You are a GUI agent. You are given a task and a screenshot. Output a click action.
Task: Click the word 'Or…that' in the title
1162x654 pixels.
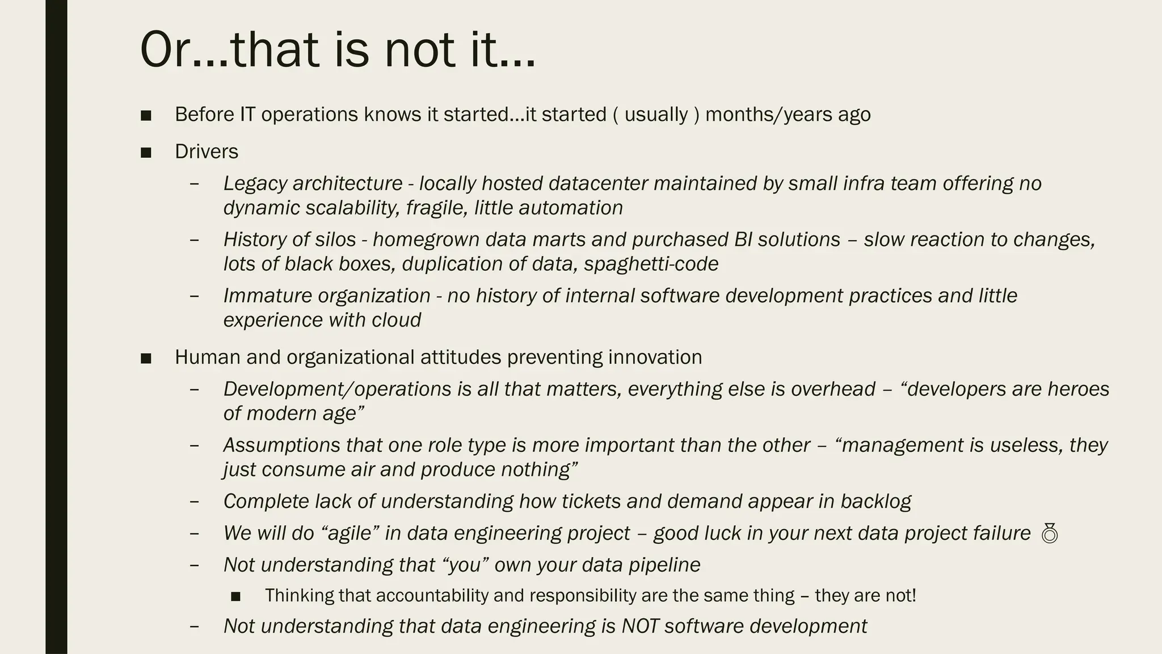coord(227,50)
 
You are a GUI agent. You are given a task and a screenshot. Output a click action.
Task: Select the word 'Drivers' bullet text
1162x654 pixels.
coord(207,152)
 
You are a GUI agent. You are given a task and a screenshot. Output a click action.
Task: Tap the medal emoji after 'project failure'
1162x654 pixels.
coord(1050,534)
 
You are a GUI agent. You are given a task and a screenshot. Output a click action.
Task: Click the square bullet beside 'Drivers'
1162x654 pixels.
coord(146,152)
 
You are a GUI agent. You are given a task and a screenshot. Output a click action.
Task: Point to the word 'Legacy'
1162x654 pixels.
coord(255,183)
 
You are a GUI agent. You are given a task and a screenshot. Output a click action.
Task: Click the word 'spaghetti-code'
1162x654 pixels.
coord(651,264)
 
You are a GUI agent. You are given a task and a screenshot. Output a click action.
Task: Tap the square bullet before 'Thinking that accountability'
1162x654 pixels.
coord(236,596)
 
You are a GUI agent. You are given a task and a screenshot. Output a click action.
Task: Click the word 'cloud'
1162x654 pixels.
coord(396,320)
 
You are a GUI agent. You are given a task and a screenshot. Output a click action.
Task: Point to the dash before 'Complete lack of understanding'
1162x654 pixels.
coord(195,501)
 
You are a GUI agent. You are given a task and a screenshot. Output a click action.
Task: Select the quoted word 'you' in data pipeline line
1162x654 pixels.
coord(465,565)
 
